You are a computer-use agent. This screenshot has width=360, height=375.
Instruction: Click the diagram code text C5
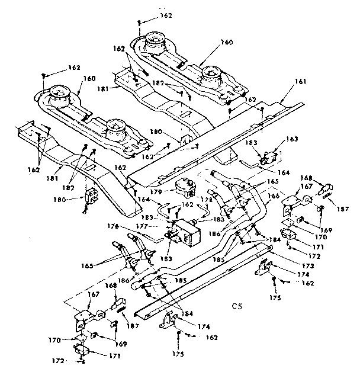[239, 307]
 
